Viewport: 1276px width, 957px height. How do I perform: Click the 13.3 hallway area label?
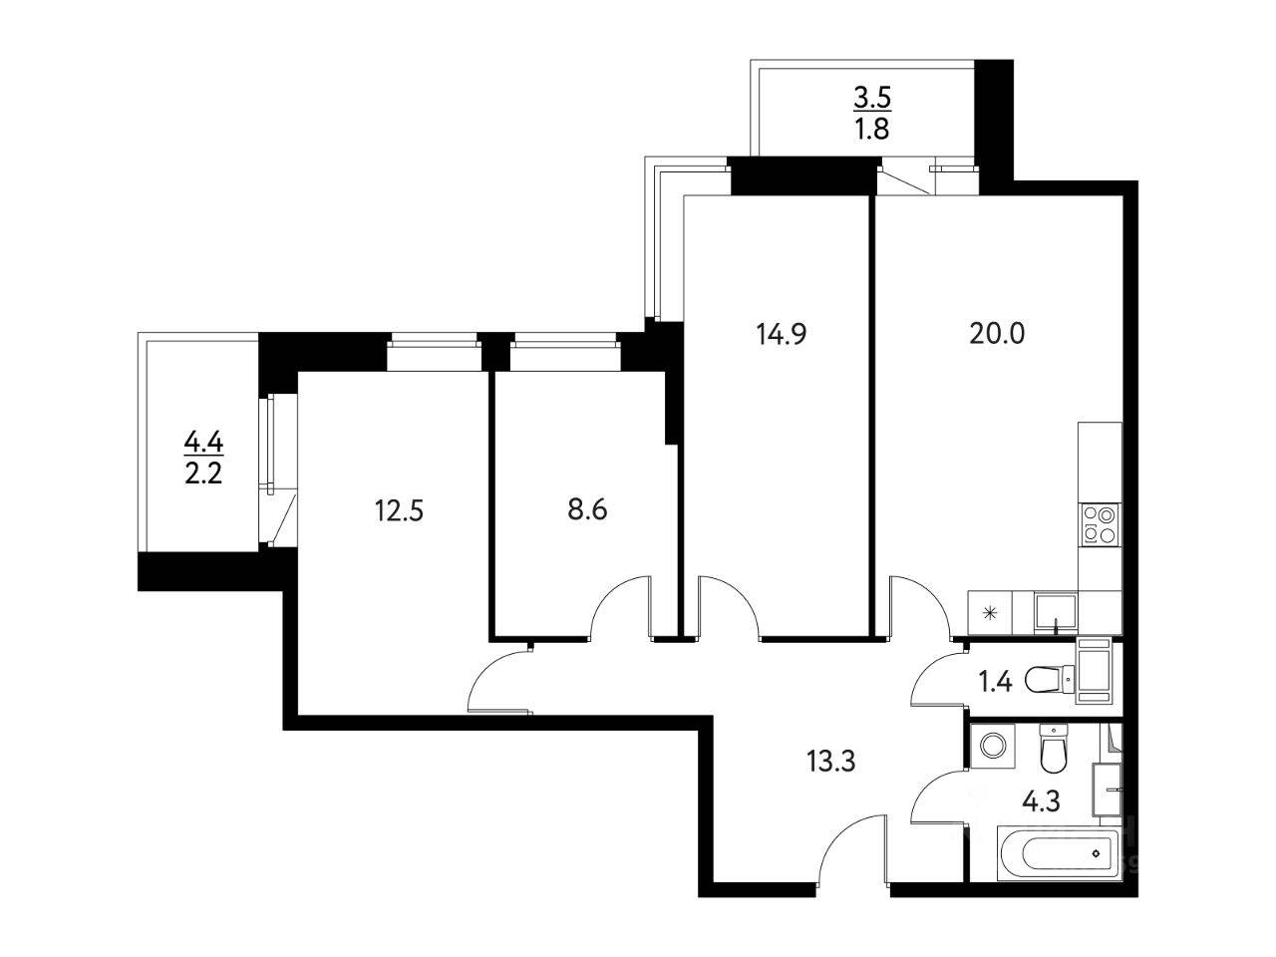click(x=830, y=764)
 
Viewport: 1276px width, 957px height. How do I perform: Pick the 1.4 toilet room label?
click(x=996, y=682)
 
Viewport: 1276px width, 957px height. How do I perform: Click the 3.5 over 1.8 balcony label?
click(x=871, y=113)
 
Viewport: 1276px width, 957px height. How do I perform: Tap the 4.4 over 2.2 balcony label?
click(x=202, y=455)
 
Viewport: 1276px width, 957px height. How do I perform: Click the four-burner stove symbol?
click(x=1100, y=524)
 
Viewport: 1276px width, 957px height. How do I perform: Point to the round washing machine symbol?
click(x=992, y=746)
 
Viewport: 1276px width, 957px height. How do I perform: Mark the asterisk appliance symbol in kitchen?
click(x=989, y=613)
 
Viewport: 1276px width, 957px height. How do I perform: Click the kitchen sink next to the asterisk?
click(x=1055, y=611)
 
